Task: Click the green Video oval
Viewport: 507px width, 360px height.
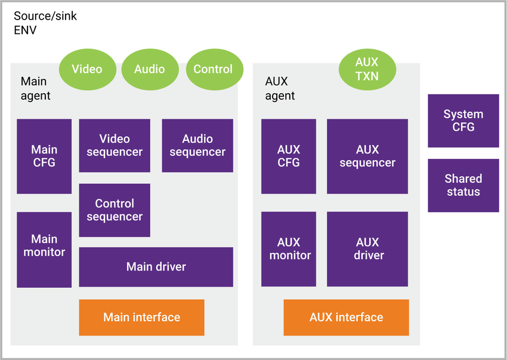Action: tap(86, 69)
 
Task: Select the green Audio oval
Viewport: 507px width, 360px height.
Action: tap(150, 69)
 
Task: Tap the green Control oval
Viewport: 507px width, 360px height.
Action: tap(213, 69)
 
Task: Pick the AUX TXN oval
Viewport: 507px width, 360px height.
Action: tap(367, 69)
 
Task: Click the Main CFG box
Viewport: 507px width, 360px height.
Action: tap(44, 156)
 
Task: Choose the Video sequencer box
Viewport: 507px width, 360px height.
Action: tap(115, 146)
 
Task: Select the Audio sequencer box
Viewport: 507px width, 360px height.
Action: tap(197, 146)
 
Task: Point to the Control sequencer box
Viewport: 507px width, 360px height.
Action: tap(115, 210)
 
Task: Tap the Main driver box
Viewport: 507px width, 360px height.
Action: tap(156, 267)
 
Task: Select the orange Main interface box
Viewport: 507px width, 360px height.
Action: tap(141, 317)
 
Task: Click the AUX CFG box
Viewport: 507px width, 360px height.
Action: tap(289, 156)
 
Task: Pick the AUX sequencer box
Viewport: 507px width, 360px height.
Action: tap(367, 156)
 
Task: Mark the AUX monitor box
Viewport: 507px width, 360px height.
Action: tap(289, 249)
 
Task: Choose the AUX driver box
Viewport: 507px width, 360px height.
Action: tap(367, 249)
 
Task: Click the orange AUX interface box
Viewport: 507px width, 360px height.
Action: tap(346, 317)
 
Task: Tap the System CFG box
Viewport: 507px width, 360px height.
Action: tap(463, 121)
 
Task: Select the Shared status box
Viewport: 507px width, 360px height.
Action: tap(463, 185)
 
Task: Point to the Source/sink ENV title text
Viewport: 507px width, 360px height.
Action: tap(45, 23)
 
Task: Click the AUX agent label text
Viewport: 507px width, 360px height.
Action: tap(280, 88)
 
